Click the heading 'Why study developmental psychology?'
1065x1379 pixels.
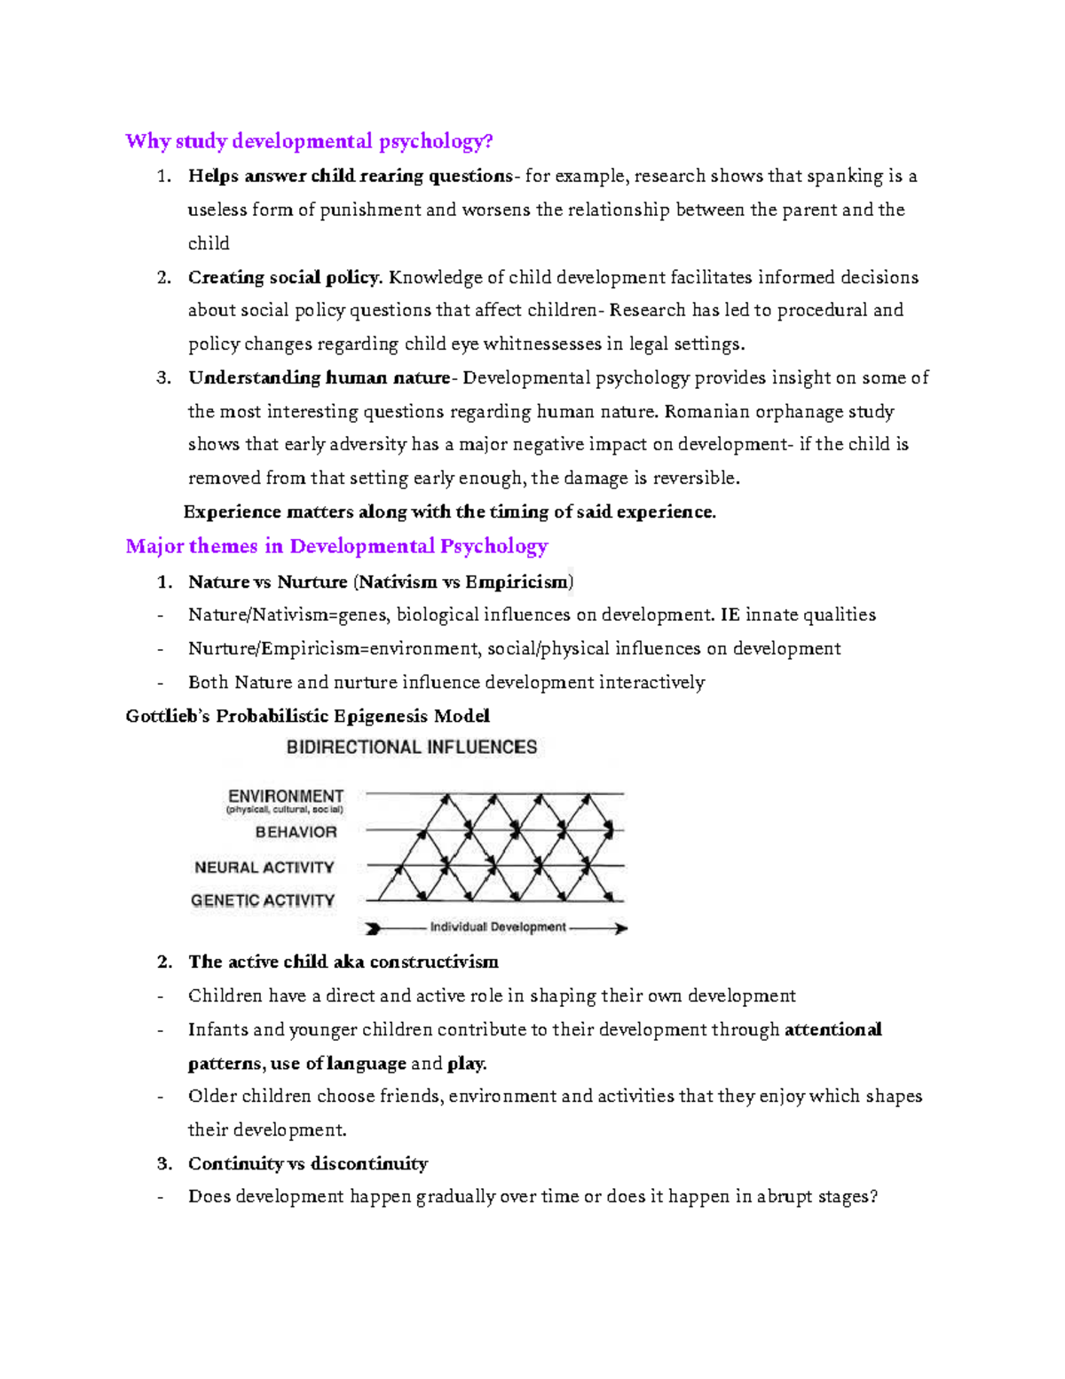pyautogui.click(x=309, y=141)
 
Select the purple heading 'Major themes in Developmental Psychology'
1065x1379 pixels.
pyautogui.click(x=336, y=546)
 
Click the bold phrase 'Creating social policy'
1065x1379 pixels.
pyautogui.click(x=284, y=277)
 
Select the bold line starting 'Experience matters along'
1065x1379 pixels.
pyautogui.click(x=449, y=511)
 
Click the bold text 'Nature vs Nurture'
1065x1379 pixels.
pyautogui.click(x=267, y=582)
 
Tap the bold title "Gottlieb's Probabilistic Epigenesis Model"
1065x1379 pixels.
pyautogui.click(x=307, y=716)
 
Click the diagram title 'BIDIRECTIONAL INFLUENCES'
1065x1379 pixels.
pyautogui.click(x=412, y=748)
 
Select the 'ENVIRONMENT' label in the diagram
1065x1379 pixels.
pyautogui.click(x=286, y=796)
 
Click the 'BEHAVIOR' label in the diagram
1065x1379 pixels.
pyautogui.click(x=296, y=832)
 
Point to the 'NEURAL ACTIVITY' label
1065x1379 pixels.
pyautogui.click(x=264, y=868)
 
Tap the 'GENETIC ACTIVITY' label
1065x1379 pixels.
pyautogui.click(x=263, y=900)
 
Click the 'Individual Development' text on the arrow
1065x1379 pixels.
pyautogui.click(x=498, y=927)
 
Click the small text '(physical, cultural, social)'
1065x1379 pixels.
pyautogui.click(x=285, y=810)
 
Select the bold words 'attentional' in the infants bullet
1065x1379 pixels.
pyautogui.click(x=832, y=1029)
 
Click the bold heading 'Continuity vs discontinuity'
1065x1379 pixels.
pyautogui.click(x=308, y=1163)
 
